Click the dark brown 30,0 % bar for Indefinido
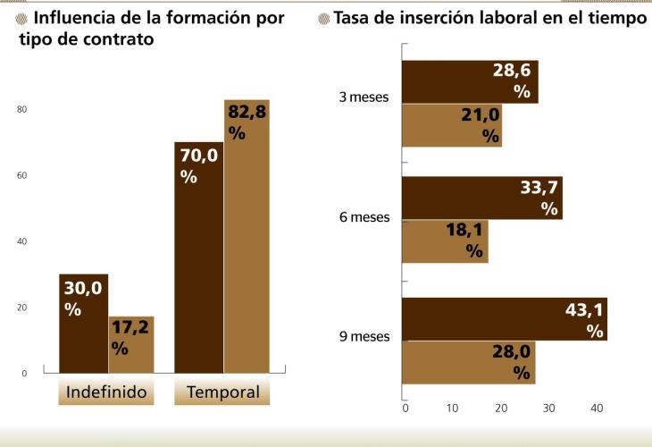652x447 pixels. [83, 323]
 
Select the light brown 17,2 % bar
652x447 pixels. [131, 344]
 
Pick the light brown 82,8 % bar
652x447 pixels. [247, 236]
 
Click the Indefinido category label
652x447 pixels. [106, 392]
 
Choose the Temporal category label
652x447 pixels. [223, 392]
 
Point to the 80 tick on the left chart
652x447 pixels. [22, 110]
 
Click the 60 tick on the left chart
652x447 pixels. [22, 176]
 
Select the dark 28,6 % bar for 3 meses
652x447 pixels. [470, 82]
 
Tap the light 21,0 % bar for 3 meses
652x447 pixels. [452, 125]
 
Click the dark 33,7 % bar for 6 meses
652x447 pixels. [482, 198]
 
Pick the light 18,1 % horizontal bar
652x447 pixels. [445, 241]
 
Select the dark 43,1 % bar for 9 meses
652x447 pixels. [505, 319]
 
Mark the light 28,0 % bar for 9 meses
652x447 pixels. [469, 362]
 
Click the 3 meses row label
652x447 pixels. [364, 97]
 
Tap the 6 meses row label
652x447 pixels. [364, 217]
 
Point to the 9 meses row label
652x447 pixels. [364, 337]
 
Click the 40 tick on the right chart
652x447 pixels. [598, 409]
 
